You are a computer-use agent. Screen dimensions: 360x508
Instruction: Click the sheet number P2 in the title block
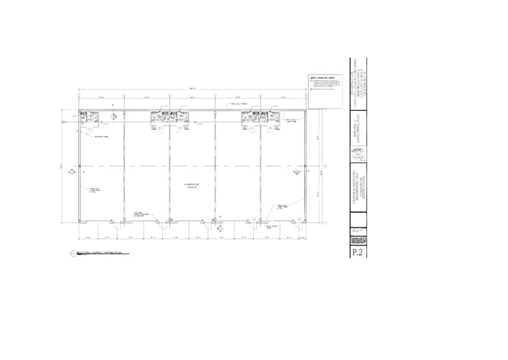358,251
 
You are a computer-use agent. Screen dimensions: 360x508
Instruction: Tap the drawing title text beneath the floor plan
100,252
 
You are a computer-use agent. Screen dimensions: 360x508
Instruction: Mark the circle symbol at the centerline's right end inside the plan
296,170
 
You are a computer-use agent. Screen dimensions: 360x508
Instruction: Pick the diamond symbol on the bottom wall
220,228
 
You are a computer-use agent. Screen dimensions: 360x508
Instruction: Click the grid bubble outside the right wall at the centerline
325,166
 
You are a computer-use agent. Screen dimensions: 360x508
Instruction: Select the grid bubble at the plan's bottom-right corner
325,222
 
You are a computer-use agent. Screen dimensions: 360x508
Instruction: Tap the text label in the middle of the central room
191,185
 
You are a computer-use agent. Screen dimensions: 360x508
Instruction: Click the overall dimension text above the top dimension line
193,87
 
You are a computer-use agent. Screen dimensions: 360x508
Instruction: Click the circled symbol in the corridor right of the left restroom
113,116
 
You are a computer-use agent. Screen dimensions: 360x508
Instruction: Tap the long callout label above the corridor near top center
237,103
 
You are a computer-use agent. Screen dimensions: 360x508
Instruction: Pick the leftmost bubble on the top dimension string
79,96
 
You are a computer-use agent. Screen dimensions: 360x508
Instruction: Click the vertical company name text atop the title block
359,82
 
